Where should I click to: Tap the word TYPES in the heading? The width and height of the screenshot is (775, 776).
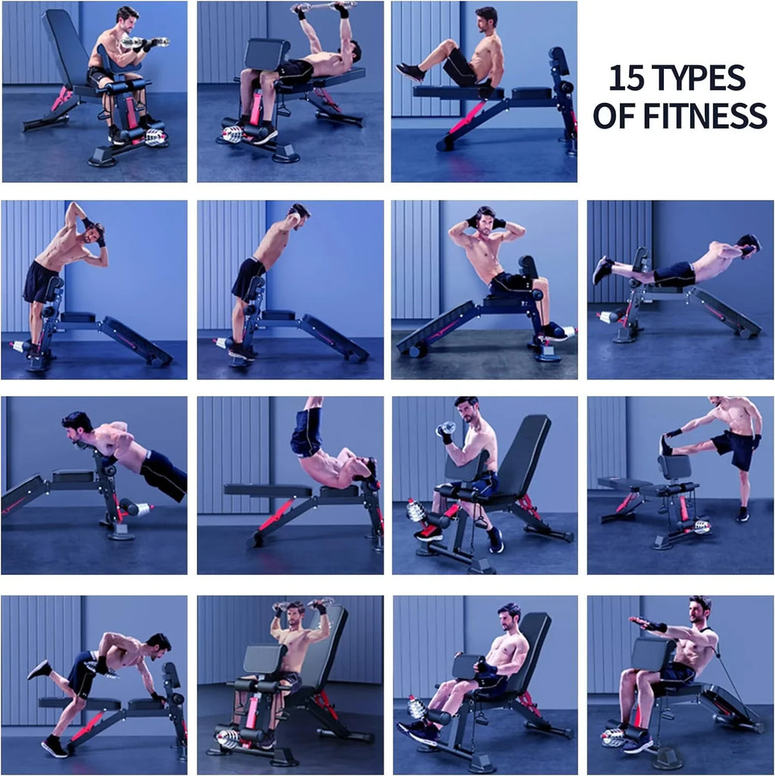pos(696,78)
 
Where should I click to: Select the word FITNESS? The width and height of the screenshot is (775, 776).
pos(705,116)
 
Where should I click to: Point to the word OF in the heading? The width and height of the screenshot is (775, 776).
pos(614,116)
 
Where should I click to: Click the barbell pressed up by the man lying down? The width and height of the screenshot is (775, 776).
pos(324,6)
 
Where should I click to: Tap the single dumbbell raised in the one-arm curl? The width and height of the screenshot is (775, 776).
pos(446,429)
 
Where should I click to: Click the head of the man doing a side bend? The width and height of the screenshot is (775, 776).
pos(95,232)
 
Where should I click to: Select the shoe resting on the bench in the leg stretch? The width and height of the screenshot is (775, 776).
pos(665,445)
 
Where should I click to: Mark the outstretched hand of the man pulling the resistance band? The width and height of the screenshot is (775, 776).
pos(640,622)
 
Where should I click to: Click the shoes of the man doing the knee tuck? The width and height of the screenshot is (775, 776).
pos(410,72)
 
